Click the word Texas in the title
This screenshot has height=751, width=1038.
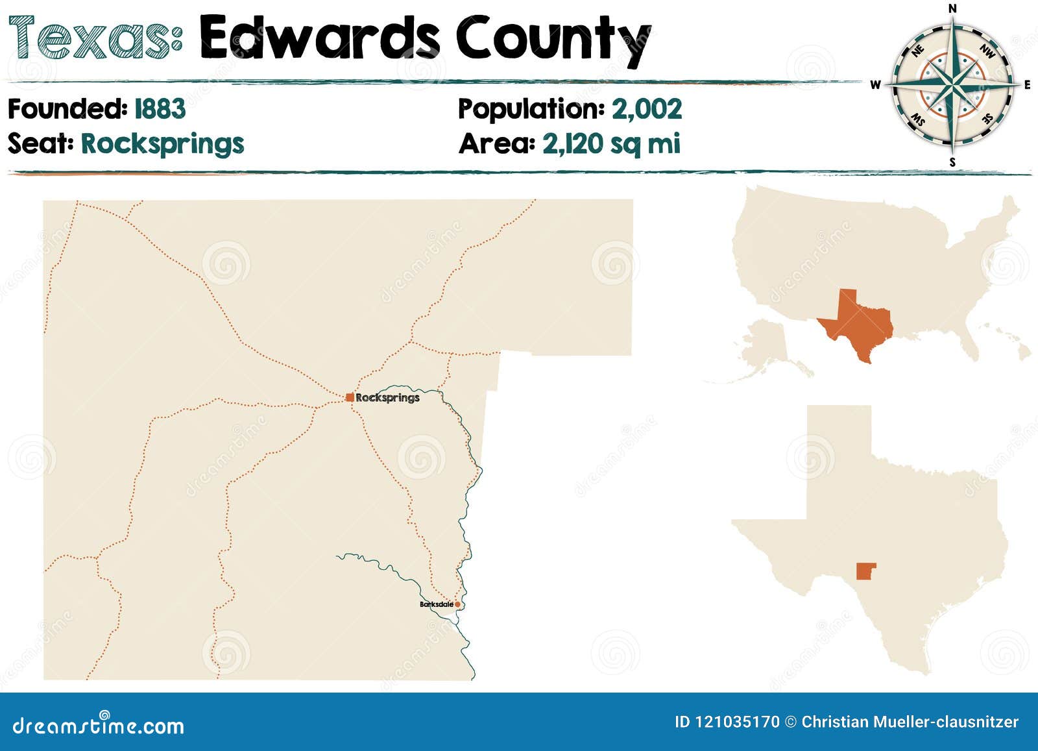[95, 38]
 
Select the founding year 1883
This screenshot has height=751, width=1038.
[160, 109]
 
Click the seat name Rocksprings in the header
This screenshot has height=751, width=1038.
[162, 143]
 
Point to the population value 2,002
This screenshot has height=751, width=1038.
[647, 109]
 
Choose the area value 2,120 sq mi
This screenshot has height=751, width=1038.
[611, 143]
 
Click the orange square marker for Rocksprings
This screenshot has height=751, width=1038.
[350, 397]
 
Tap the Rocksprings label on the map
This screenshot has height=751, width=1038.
[387, 397]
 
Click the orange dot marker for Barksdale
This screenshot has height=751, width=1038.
[457, 604]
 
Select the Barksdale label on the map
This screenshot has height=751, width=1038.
[436, 604]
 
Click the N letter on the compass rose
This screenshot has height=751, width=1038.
[952, 8]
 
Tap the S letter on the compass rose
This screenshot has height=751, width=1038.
[952, 162]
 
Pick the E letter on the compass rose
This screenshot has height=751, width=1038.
[1027, 84]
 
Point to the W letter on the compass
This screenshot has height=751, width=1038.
[875, 84]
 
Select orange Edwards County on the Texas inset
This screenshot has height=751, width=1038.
[865, 571]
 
